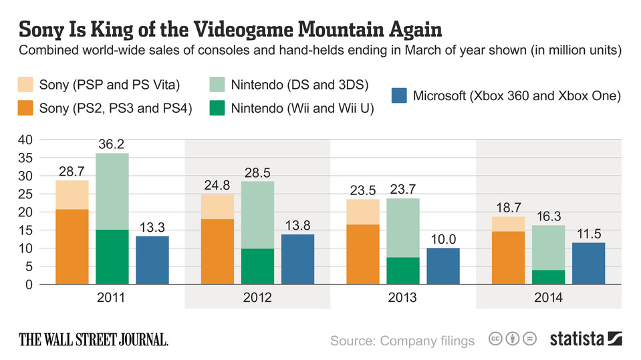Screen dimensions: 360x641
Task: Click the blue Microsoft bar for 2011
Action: tap(152, 260)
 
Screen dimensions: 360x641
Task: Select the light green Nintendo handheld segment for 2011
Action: tap(112, 191)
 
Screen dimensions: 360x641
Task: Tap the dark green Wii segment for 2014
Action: tap(549, 277)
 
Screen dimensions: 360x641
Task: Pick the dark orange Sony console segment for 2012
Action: tap(217, 251)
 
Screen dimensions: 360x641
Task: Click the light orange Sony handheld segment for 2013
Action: tap(363, 212)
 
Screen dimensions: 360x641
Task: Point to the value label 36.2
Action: tap(112, 144)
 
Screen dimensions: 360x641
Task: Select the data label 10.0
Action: tap(443, 239)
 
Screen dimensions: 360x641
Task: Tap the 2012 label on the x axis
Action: tap(257, 297)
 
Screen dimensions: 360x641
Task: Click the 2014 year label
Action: tap(549, 297)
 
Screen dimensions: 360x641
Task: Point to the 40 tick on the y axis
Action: tap(25, 140)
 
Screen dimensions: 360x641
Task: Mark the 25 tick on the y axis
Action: tap(25, 194)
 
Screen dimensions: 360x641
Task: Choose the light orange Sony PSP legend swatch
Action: tap(25, 84)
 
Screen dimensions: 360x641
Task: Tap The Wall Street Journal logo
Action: tap(93, 339)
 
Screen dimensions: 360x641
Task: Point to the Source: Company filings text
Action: tap(402, 341)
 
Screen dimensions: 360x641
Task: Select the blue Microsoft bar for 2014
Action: tap(589, 263)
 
